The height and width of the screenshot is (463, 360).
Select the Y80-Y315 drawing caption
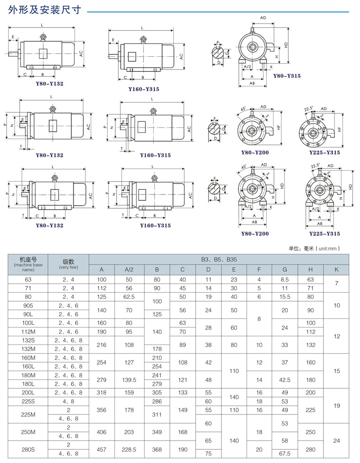[x=287, y=76]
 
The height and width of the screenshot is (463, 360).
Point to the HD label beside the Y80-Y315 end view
[x=286, y=45]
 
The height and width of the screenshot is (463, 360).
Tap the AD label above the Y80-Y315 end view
[x=263, y=18]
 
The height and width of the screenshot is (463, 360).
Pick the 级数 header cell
[x=69, y=264]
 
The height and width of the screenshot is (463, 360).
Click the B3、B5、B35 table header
[x=219, y=259]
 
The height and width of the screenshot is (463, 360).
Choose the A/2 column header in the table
[x=129, y=269]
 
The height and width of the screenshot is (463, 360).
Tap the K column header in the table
[x=336, y=269]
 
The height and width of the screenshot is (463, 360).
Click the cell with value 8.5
[x=285, y=279]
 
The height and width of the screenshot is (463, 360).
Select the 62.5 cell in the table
[x=129, y=296]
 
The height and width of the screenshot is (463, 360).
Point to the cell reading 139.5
[x=129, y=380]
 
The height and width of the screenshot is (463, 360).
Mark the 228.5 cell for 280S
[x=129, y=449]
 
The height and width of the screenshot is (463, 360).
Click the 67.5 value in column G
[x=285, y=454]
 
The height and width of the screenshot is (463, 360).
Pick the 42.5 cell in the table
[x=285, y=380]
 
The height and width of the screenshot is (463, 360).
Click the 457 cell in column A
[x=102, y=449]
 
